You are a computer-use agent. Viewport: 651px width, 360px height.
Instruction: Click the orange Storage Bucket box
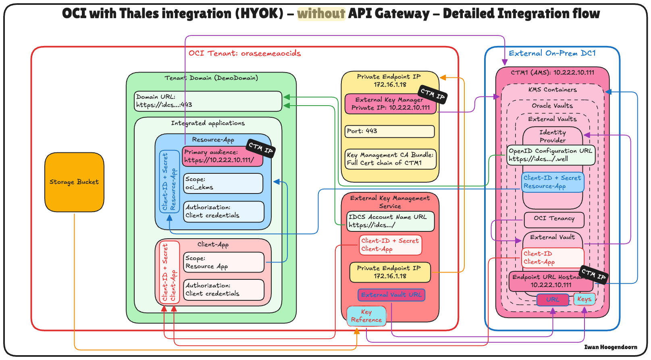tap(74, 182)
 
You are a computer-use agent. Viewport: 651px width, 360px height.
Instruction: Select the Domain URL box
tap(208, 101)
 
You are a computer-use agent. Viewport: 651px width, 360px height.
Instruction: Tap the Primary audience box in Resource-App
tap(222, 156)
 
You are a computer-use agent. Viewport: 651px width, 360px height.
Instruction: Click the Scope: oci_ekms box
tap(223, 183)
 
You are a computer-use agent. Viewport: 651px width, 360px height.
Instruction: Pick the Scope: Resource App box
tap(224, 262)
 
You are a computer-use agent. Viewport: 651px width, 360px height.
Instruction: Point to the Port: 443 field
tap(390, 131)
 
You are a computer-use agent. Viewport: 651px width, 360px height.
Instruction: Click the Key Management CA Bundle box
tap(391, 159)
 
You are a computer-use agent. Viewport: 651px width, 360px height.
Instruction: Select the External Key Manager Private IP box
tap(390, 104)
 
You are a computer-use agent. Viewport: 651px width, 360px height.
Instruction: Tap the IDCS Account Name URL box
tap(390, 221)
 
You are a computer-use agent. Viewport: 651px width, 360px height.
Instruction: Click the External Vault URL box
tap(391, 295)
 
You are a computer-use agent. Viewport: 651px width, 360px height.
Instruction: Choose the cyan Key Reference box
tap(366, 316)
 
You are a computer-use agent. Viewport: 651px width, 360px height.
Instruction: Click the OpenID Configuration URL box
tap(551, 155)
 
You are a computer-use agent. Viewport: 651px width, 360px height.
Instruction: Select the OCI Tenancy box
tap(554, 219)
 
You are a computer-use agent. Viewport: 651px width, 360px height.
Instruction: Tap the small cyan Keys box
tap(584, 299)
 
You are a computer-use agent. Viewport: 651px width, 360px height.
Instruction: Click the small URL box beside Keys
tap(553, 300)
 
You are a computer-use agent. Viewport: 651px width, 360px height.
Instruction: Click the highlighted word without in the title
tap(321, 14)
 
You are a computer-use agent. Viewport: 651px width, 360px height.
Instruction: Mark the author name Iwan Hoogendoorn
tap(611, 347)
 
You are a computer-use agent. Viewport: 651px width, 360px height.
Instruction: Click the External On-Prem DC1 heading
tap(552, 54)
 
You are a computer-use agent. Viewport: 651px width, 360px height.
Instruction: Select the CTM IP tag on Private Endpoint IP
tap(433, 94)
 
